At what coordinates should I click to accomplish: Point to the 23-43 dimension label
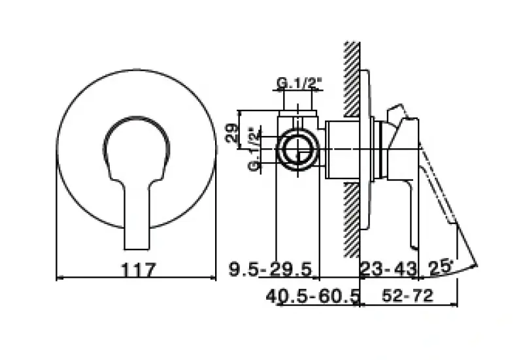pyautogui.click(x=388, y=269)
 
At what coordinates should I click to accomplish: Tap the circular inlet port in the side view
pyautogui.click(x=298, y=150)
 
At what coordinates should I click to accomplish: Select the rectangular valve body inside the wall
pyautogui.click(x=340, y=150)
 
